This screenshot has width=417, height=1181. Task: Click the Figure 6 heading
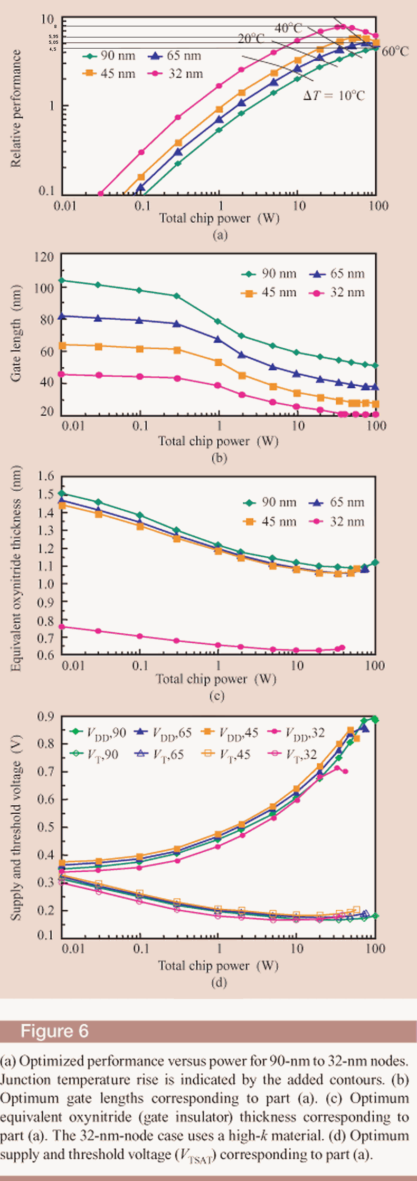[54, 1031]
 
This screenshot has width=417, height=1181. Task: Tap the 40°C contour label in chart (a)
[288, 28]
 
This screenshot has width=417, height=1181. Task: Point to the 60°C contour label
[395, 51]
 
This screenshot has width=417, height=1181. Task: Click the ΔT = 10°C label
[334, 96]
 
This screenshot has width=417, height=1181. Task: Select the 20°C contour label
[251, 39]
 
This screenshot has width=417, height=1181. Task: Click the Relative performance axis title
[16, 108]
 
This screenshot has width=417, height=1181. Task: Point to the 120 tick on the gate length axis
[44, 257]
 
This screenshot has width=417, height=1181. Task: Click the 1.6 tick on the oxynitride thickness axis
[46, 476]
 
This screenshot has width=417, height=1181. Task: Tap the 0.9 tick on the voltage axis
[46, 716]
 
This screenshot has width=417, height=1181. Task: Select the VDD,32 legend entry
[297, 732]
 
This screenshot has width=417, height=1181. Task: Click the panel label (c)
[217, 696]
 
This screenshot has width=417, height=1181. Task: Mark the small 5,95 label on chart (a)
[53, 36]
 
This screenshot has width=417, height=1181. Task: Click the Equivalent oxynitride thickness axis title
[16, 568]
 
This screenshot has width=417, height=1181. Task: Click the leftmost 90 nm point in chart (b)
[62, 280]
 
